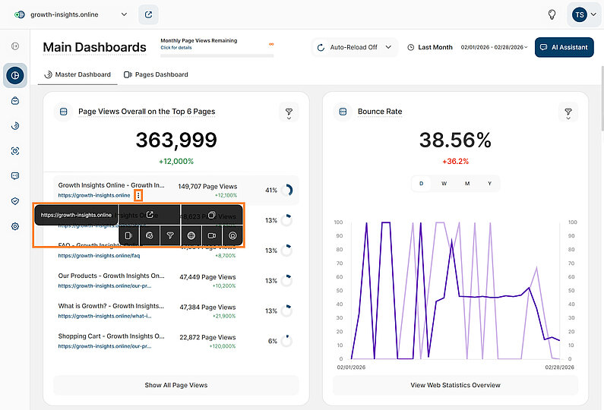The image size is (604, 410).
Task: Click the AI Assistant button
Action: [564, 47]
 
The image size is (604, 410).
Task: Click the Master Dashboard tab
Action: [78, 74]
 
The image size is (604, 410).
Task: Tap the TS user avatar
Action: [580, 14]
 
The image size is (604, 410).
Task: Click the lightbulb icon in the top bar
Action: [552, 14]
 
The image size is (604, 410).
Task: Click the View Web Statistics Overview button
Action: [455, 385]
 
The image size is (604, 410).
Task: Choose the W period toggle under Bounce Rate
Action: [444, 183]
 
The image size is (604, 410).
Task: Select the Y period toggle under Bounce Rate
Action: [489, 183]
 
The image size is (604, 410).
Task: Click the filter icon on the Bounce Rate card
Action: [568, 112]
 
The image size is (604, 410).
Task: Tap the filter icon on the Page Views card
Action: [289, 112]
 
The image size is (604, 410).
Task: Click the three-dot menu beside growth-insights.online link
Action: [138, 195]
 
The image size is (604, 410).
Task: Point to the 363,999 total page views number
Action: [176, 140]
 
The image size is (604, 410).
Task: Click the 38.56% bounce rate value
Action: [455, 140]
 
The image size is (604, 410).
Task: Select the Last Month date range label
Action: [435, 47]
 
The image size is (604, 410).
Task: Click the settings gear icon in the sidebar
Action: [15, 226]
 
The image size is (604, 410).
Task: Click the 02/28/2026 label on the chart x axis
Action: [546, 367]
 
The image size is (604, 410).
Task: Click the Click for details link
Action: [176, 47]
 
